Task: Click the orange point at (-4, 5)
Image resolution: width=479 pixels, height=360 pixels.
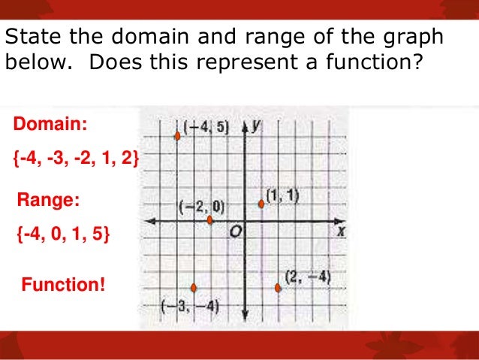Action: click(x=177, y=136)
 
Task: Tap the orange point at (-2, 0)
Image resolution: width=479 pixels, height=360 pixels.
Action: click(x=210, y=220)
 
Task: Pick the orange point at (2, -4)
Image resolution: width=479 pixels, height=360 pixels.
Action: click(x=278, y=287)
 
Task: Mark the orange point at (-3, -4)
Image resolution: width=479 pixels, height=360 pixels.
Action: click(x=194, y=287)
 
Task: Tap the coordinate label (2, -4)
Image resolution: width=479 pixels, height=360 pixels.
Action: click(x=308, y=277)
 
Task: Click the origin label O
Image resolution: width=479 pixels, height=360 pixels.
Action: click(x=236, y=233)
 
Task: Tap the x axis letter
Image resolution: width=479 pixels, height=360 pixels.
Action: click(x=342, y=232)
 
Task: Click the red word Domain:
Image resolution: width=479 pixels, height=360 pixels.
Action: click(x=45, y=123)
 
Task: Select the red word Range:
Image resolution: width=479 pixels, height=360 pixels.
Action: click(x=47, y=201)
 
